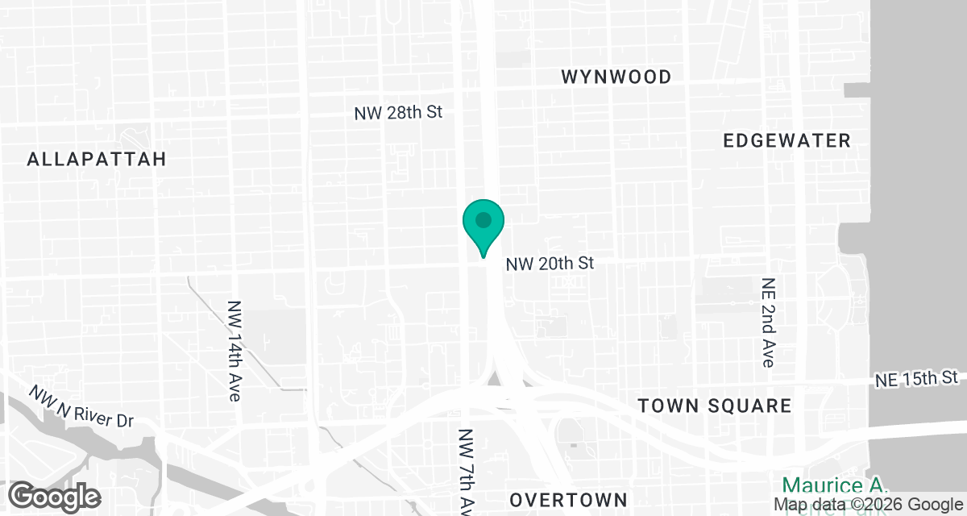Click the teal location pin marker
[x=483, y=226]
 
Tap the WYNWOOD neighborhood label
[x=616, y=77]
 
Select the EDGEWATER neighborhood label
[x=786, y=140]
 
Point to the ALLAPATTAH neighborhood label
[x=97, y=159]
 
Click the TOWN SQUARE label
[x=715, y=406]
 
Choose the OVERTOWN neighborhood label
[x=569, y=497]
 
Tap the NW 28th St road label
[x=399, y=113]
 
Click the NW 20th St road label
[x=550, y=264]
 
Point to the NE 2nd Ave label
[x=766, y=322]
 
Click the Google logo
[x=55, y=496]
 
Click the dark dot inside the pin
[x=483, y=219]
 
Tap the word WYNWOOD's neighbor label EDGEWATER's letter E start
[x=728, y=140]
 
